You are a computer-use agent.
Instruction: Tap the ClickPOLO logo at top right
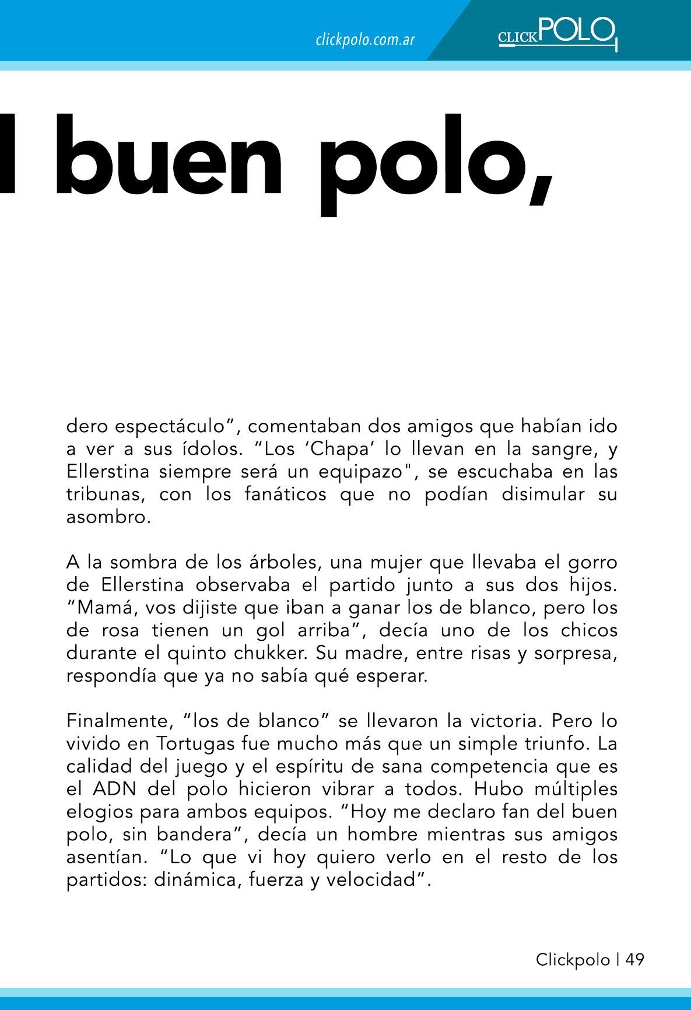pos(557,34)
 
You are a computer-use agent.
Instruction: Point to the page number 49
pos(635,959)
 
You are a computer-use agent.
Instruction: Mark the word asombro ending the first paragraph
pos(107,517)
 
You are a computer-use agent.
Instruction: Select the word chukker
pos(272,654)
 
